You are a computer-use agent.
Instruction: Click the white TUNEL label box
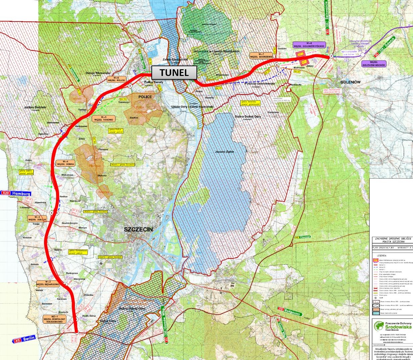coord(174,73)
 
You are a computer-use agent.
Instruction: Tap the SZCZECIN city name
coord(138,230)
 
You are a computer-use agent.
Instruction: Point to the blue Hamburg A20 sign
coord(16,193)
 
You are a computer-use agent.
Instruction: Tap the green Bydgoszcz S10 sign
coord(290,311)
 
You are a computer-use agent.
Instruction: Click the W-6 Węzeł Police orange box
coord(116,79)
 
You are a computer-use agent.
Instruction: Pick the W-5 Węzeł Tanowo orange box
coord(103,118)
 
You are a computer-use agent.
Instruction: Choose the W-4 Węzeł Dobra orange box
coord(65,162)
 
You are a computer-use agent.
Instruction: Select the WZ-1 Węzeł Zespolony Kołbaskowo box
coord(54,319)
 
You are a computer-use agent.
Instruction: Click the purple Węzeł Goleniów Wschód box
coord(374,63)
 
